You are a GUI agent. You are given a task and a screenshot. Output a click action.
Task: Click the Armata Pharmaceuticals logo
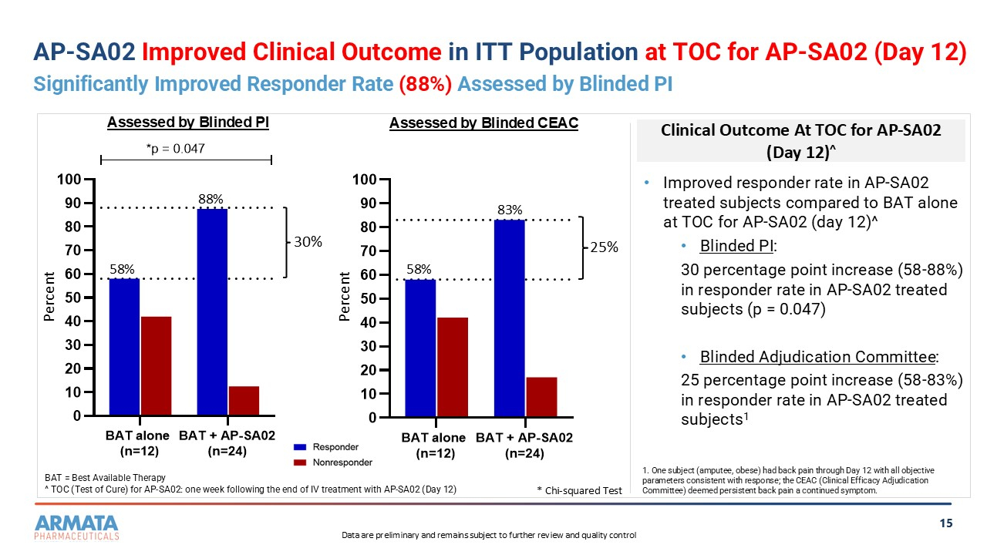pyautogui.click(x=77, y=527)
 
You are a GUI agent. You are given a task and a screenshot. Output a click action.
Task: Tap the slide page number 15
pyautogui.click(x=946, y=524)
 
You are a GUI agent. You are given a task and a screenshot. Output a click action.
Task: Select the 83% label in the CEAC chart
pyautogui.click(x=510, y=210)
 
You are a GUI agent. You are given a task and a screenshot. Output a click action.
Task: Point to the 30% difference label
pyautogui.click(x=307, y=242)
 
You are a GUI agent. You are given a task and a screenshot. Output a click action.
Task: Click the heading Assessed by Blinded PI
pyautogui.click(x=187, y=123)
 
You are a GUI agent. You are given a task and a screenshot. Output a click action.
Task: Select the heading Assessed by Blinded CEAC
pyautogui.click(x=483, y=123)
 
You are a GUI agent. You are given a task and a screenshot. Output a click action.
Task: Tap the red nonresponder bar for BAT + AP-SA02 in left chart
pyautogui.click(x=244, y=401)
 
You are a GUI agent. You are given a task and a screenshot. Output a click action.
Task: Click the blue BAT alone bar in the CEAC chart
pyautogui.click(x=420, y=348)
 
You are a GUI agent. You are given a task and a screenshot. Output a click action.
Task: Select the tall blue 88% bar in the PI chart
pyautogui.click(x=212, y=312)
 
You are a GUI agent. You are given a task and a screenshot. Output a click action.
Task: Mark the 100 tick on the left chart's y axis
pyautogui.click(x=71, y=180)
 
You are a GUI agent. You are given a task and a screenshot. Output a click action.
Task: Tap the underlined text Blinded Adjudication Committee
pyautogui.click(x=818, y=357)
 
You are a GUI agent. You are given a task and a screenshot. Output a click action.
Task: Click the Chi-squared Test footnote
pyautogui.click(x=579, y=490)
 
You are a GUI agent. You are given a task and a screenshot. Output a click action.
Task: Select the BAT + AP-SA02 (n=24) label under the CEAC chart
pyautogui.click(x=524, y=446)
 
